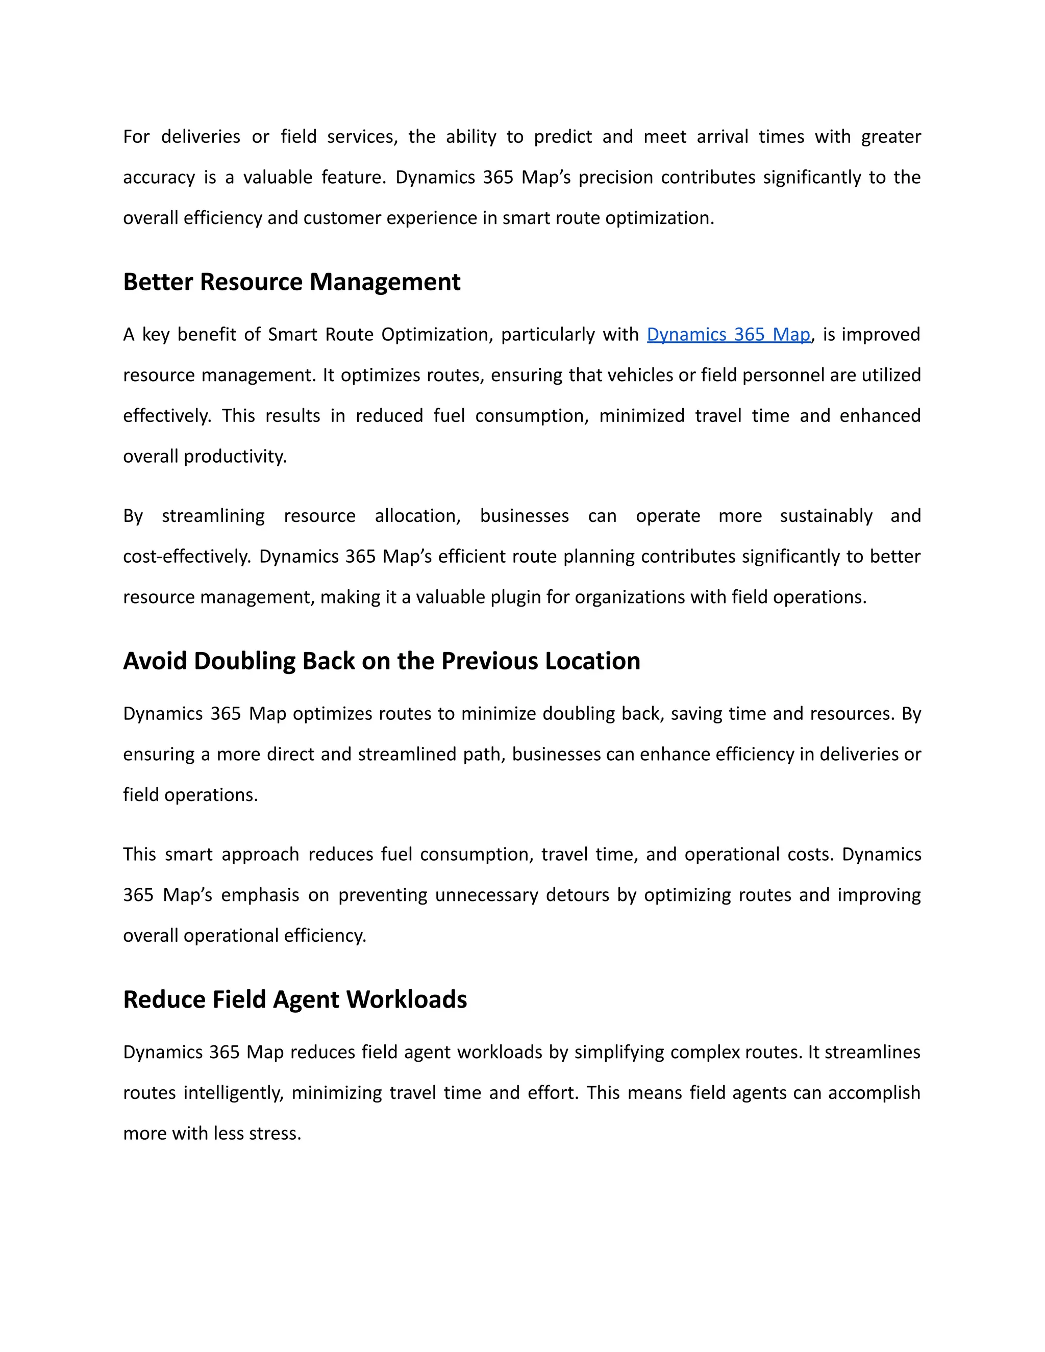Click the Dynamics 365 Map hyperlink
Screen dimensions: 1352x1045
point(728,334)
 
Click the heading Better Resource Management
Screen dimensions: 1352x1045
point(291,282)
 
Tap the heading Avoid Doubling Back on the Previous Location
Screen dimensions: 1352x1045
point(381,661)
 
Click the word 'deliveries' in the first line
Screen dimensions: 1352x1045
point(201,136)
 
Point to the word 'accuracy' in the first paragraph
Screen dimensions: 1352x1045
point(159,178)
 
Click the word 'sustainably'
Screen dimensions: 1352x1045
point(826,516)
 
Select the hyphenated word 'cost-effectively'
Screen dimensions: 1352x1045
point(186,557)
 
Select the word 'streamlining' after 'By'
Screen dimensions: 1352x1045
point(213,516)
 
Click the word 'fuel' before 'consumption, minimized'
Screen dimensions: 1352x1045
point(449,415)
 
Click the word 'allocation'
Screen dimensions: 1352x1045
point(417,516)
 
